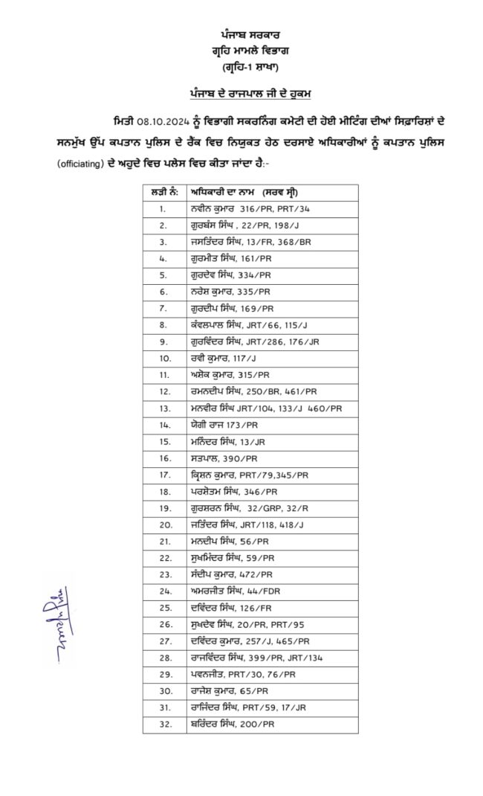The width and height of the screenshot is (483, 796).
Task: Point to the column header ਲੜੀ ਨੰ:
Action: click(x=163, y=192)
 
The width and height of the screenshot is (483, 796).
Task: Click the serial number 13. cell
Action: click(x=163, y=408)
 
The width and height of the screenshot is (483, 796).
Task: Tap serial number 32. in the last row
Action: click(x=163, y=724)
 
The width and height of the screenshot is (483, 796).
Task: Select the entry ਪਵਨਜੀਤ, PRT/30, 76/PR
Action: click(x=242, y=674)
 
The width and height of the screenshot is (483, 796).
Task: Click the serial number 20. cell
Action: click(x=163, y=524)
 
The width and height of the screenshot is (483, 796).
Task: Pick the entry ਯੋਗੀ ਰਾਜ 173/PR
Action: click(x=224, y=425)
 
